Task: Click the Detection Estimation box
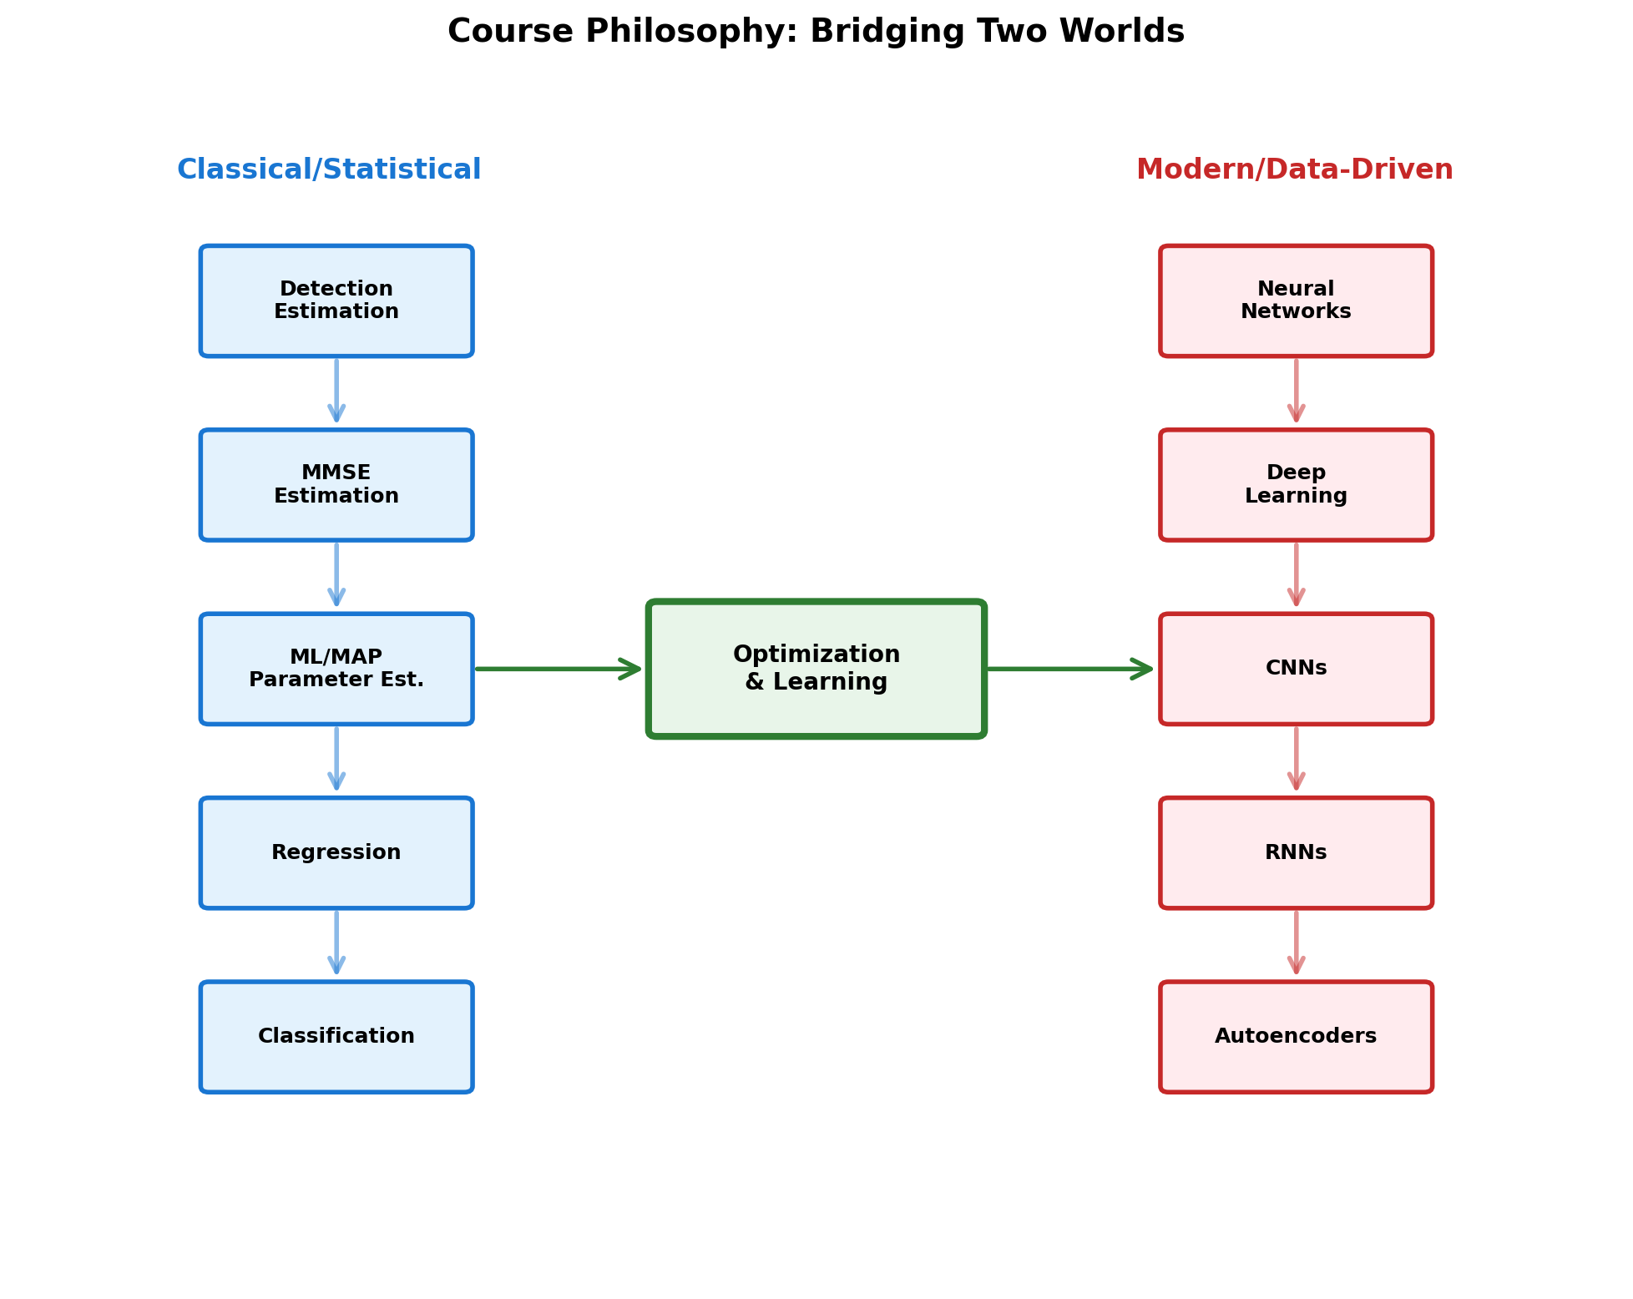[336, 301]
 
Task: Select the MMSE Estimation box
[336, 485]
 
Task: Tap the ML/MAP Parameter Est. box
[336, 669]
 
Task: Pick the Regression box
[336, 852]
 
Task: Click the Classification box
[336, 1037]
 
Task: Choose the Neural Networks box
[1296, 301]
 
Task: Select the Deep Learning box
[1296, 485]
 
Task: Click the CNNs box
[1296, 669]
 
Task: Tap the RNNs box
[1296, 852]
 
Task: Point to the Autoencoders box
[1296, 1037]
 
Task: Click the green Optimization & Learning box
[816, 669]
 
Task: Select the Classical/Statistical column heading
[329, 170]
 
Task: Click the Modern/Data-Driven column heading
[1294, 170]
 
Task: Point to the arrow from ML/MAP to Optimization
[558, 669]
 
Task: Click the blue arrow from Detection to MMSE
[336, 391]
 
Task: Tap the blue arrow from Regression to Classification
[336, 943]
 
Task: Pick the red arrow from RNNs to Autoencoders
[1296, 943]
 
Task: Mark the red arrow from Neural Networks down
[1296, 391]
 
